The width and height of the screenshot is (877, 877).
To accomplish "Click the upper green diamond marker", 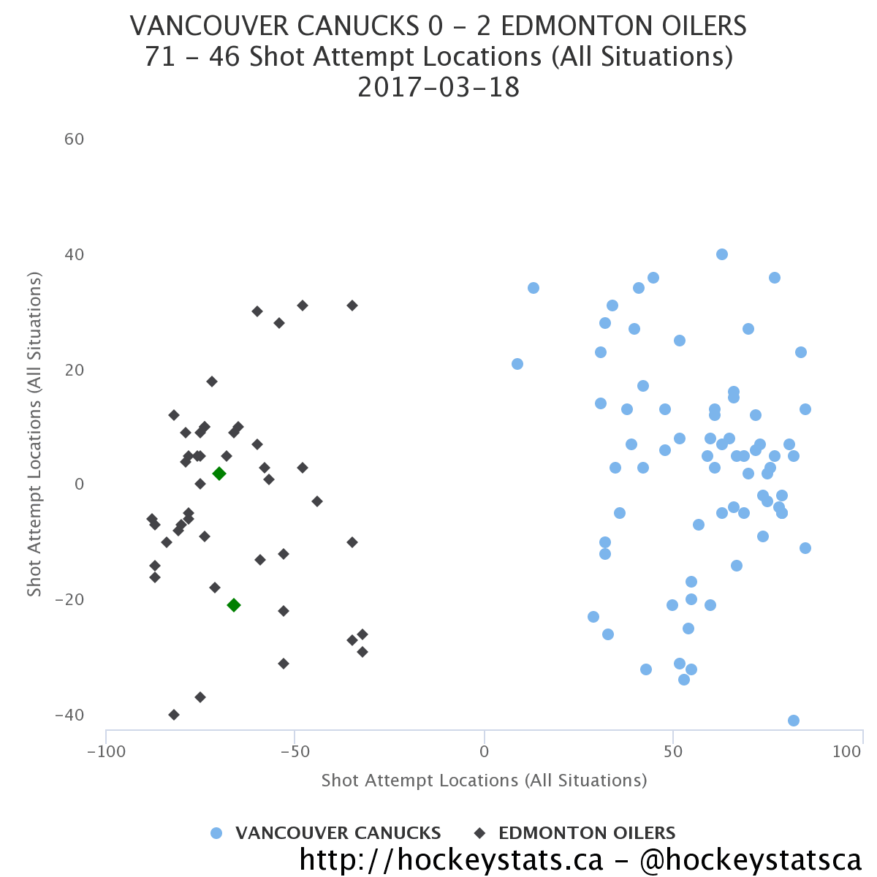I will coord(219,474).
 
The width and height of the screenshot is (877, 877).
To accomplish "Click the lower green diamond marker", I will coord(234,605).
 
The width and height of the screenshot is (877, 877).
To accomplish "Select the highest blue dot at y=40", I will coord(722,254).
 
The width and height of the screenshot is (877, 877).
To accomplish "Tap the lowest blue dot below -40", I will coord(794,721).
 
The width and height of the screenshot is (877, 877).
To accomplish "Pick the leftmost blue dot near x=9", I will coord(517,364).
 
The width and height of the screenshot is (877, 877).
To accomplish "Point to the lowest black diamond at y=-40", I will coord(174,715).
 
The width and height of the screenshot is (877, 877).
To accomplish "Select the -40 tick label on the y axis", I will coord(69,715).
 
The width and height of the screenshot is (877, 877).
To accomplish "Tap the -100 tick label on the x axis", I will coord(106,751).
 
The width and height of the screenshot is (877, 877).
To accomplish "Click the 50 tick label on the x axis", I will coord(673,751).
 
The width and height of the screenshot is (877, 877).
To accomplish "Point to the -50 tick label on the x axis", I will coord(295,751).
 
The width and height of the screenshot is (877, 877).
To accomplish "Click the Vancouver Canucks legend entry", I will coord(338,833).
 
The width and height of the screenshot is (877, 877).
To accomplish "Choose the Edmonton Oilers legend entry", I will coord(587,833).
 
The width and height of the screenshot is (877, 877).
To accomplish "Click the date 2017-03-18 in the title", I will coord(438,88).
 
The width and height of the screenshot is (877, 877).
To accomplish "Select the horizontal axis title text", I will coord(484,781).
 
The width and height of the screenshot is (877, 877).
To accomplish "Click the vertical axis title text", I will coord(34,434).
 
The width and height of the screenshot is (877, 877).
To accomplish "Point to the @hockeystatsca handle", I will coord(751,859).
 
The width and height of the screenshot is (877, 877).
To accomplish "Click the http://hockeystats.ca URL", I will coord(451,859).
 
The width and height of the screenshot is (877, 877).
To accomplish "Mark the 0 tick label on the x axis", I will coord(484,751).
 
